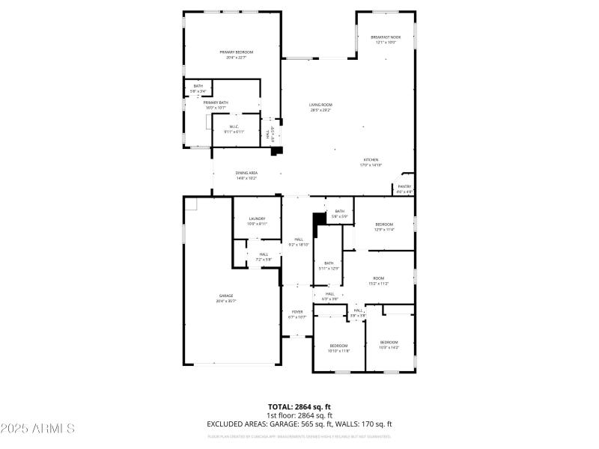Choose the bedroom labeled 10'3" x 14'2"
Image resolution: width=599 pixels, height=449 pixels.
[x=389, y=344]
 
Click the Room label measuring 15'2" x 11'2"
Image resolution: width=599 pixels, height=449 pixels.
[x=378, y=281]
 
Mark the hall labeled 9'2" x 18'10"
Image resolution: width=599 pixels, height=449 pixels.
[x=298, y=242]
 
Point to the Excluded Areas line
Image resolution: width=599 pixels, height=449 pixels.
[x=299, y=424]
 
